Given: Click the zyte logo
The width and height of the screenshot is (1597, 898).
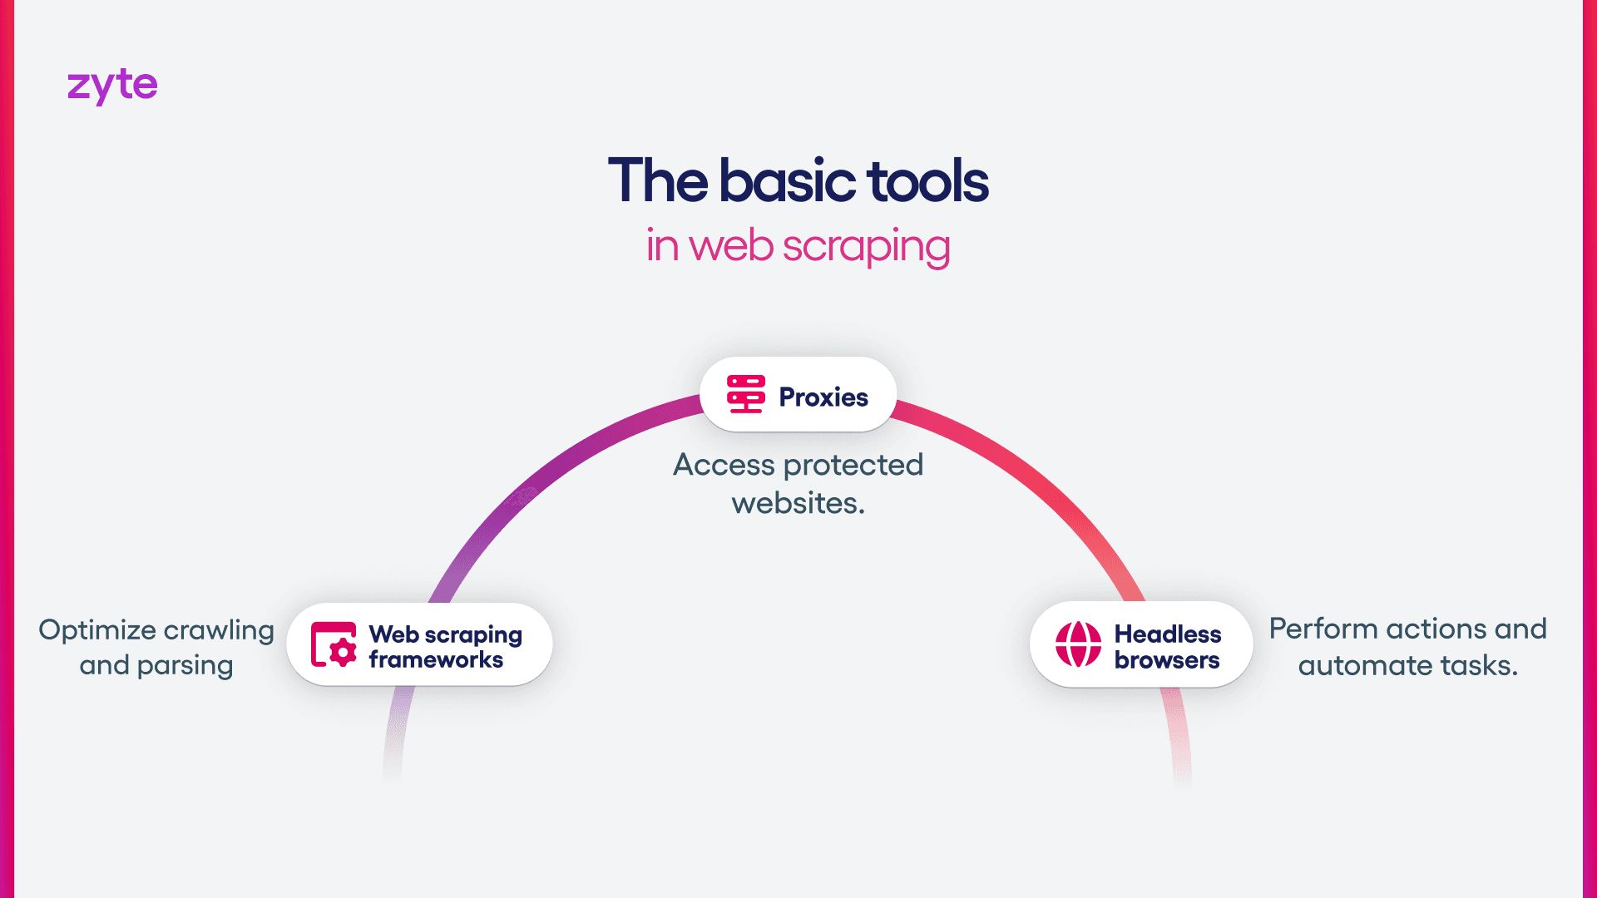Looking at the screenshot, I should click(x=112, y=86).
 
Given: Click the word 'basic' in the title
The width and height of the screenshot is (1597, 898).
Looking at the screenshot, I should click(x=788, y=181).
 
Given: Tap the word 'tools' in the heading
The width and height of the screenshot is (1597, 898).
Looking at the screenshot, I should click(x=927, y=181).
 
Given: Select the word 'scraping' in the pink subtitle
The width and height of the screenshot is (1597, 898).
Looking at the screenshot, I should click(x=866, y=247).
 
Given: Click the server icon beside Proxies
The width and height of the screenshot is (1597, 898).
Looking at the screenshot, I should click(x=745, y=394).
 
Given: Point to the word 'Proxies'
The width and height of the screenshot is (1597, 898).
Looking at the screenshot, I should click(x=823, y=397).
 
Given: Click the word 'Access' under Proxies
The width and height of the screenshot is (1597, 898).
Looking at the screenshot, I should click(x=724, y=465).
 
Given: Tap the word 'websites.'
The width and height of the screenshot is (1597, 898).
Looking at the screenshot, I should click(x=798, y=503).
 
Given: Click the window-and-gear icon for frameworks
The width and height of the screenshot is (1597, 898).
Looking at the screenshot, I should click(x=334, y=644).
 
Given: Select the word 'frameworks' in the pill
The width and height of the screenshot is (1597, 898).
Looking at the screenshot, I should click(x=436, y=660).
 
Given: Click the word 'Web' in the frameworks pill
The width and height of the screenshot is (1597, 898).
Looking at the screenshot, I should click(x=393, y=634).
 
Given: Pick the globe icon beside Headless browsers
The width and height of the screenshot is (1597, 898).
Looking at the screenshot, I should click(x=1078, y=644).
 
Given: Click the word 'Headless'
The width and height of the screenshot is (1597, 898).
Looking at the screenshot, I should click(x=1168, y=634).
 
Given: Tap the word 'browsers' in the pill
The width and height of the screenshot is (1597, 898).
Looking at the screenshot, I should click(x=1167, y=660).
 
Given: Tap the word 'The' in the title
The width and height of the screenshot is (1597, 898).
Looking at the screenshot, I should click(x=658, y=181).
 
